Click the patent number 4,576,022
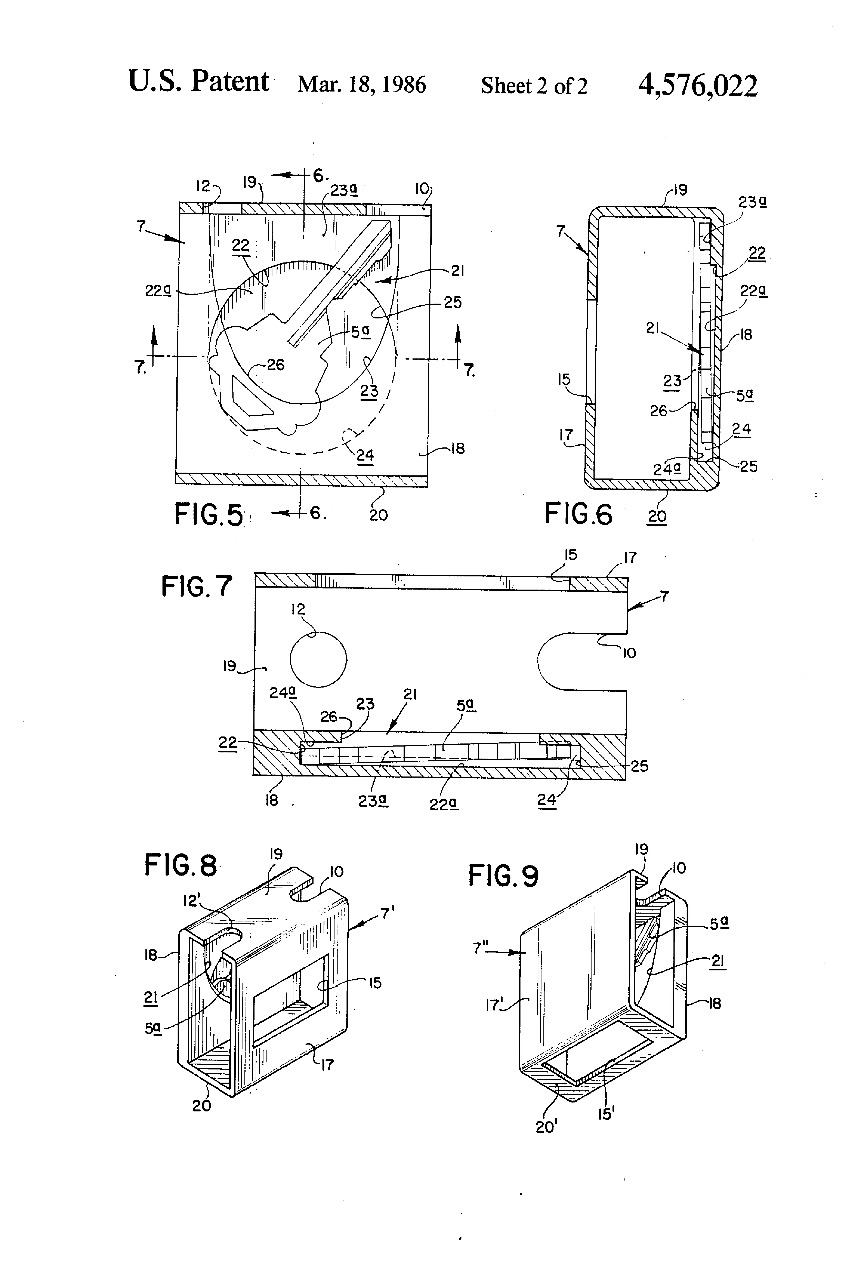coord(698,86)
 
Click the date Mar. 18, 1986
coord(362,85)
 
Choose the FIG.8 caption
coord(181,865)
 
